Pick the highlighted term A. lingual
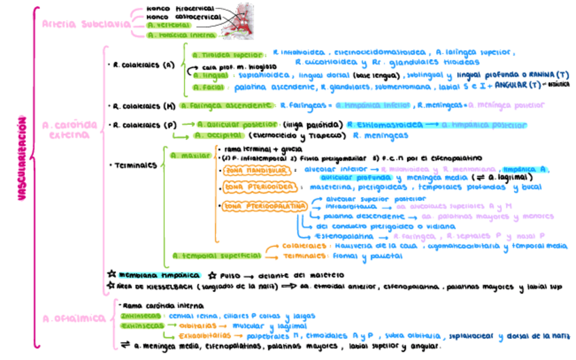coord(209,76)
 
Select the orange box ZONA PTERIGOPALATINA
coord(266,204)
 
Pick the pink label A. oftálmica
coord(66,318)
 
